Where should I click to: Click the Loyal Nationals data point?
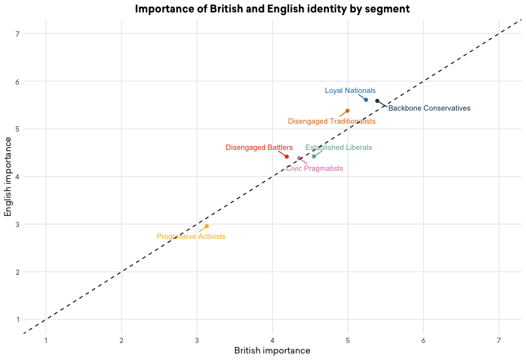pos(366,99)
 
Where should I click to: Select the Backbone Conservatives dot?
pos(377,101)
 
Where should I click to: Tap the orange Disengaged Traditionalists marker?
pos(347,111)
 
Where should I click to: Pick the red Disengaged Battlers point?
pos(287,156)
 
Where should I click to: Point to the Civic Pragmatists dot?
pos(299,158)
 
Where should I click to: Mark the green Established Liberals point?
pos(314,156)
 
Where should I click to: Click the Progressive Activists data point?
pos(207,226)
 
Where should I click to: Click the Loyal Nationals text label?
pos(350,91)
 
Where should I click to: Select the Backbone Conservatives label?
pos(429,109)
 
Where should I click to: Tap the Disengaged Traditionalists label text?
pos(332,122)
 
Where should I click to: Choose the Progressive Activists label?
pos(190,237)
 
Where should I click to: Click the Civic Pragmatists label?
pos(315,169)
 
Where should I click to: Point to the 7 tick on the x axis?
pos(499,340)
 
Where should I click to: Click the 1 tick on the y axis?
pos(18,319)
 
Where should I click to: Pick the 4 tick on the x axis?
pos(273,340)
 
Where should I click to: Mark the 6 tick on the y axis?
pos(18,81)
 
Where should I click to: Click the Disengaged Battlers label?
pos(259,148)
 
